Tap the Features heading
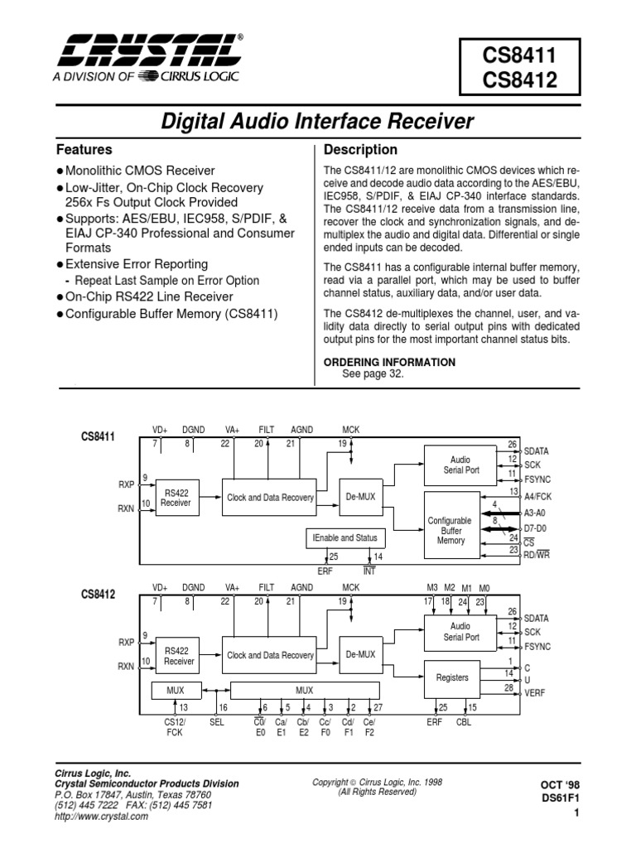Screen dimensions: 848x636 pos(84,151)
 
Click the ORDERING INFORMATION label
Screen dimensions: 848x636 pos(388,362)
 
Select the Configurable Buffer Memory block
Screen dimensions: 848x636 pos(450,530)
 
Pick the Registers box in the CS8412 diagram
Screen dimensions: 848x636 pos(452,677)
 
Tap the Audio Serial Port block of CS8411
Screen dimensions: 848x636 pos(460,464)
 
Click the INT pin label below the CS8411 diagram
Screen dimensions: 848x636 pos(369,571)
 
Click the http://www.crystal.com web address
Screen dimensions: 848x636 pos(101,817)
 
